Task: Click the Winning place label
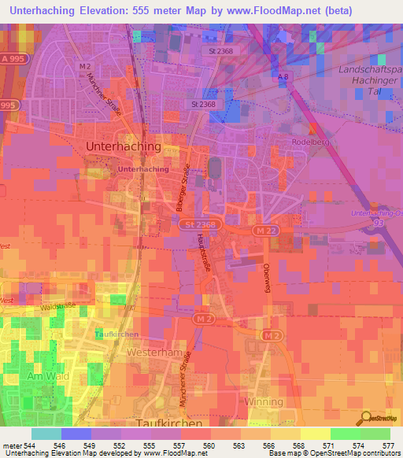pyautogui.click(x=264, y=401)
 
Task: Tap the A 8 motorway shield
pyautogui.click(x=284, y=76)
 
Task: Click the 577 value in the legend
pyautogui.click(x=390, y=444)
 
